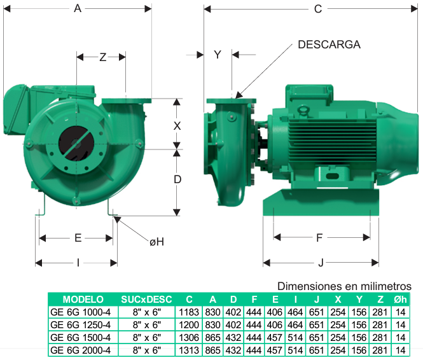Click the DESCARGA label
pyautogui.click(x=329, y=45)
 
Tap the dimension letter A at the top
pyautogui.click(x=78, y=8)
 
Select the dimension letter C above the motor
pyautogui.click(x=318, y=9)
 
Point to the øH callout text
pyautogui.click(x=156, y=242)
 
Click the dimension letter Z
pyautogui.click(x=103, y=57)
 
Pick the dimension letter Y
pyautogui.click(x=218, y=55)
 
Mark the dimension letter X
pyautogui.click(x=177, y=126)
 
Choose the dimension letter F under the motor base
pyautogui.click(x=319, y=238)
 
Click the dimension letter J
pyautogui.click(x=321, y=263)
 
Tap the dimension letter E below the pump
pyautogui.click(x=78, y=238)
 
